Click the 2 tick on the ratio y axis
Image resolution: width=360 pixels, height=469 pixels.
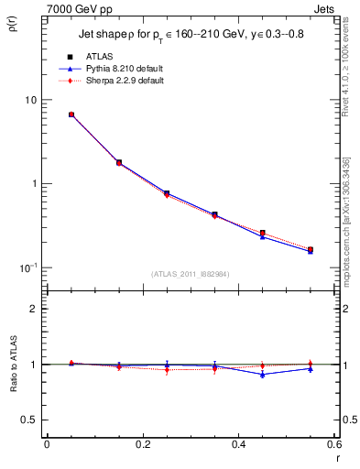33,309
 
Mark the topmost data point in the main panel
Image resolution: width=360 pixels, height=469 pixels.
71,115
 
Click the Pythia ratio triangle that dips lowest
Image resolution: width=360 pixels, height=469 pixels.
262,374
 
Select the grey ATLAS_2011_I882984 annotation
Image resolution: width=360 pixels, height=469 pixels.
191,273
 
